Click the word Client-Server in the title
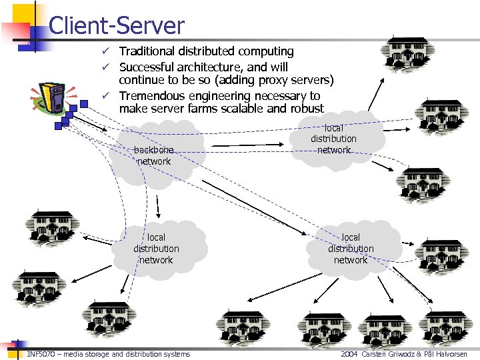tap(116, 25)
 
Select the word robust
tap(304, 109)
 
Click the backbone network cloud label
tap(153, 155)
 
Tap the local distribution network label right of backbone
tap(333, 139)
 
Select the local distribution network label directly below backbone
tap(156, 249)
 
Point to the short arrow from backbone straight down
tap(158, 207)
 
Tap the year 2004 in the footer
tap(349, 354)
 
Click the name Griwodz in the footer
tap(398, 354)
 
